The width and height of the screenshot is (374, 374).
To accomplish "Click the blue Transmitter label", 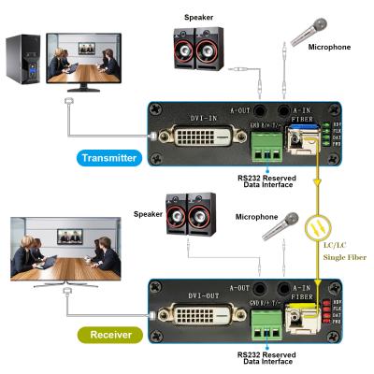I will point(110,158).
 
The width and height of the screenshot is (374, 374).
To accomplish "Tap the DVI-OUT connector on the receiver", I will point(194,314).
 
